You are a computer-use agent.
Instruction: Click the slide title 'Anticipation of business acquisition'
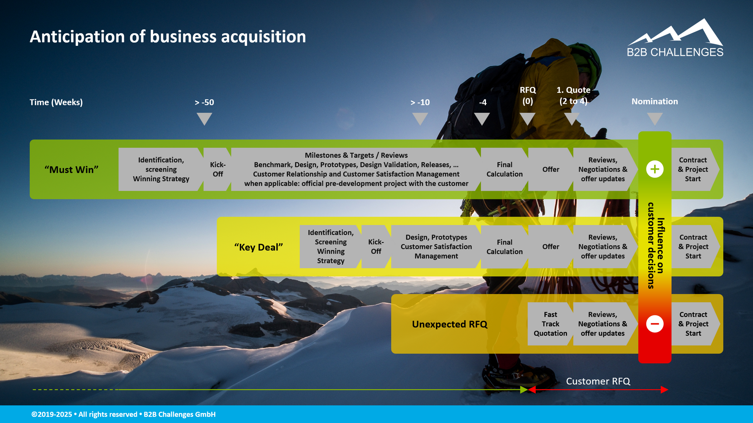pyautogui.click(x=168, y=37)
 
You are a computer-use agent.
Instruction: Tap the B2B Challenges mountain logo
pyautogui.click(x=675, y=38)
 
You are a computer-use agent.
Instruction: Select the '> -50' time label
pyautogui.click(x=204, y=102)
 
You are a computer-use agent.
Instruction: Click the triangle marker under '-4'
pyautogui.click(x=482, y=119)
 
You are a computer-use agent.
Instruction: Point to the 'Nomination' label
pyautogui.click(x=655, y=101)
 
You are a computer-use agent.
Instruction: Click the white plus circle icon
pyautogui.click(x=655, y=169)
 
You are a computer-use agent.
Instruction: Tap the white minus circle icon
pyautogui.click(x=655, y=324)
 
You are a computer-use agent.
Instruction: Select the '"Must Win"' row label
pyautogui.click(x=71, y=170)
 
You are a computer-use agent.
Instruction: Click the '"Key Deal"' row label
pyautogui.click(x=258, y=247)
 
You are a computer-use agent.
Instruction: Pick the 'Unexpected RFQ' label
pyautogui.click(x=449, y=324)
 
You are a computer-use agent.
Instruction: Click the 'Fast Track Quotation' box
pyautogui.click(x=550, y=324)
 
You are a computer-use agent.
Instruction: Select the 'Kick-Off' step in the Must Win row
pyautogui.click(x=217, y=169)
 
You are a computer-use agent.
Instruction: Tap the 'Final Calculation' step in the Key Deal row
pyautogui.click(x=504, y=247)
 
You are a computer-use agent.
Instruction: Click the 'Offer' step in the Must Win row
pyautogui.click(x=551, y=169)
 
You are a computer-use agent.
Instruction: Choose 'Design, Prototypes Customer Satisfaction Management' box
pyautogui.click(x=436, y=247)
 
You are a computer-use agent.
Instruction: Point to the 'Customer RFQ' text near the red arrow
pyautogui.click(x=598, y=381)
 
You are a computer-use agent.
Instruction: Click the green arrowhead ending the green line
pyautogui.click(x=524, y=390)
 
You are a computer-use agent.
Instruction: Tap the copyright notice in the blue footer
pyautogui.click(x=124, y=414)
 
